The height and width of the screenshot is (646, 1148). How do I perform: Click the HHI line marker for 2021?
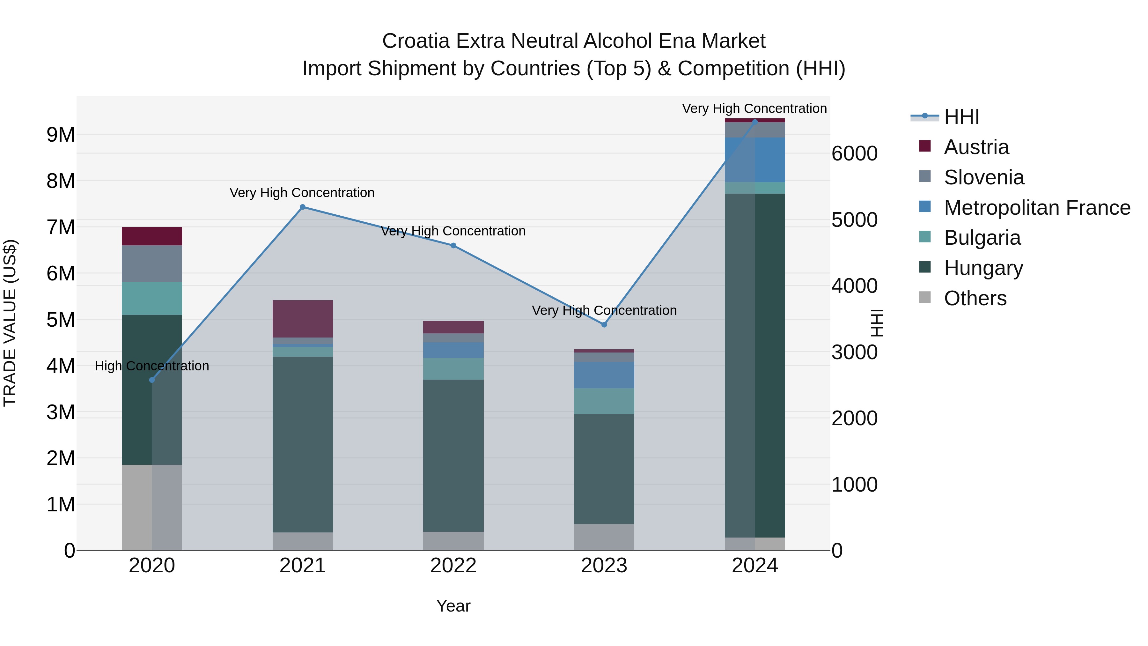click(303, 207)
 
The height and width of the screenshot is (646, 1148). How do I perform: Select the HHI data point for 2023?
click(604, 324)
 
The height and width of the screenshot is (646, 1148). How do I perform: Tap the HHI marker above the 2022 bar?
click(453, 246)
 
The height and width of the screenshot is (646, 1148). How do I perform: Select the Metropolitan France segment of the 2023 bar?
click(604, 375)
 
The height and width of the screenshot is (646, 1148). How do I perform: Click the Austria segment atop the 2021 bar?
click(303, 319)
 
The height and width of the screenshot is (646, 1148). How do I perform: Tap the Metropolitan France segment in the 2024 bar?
click(754, 160)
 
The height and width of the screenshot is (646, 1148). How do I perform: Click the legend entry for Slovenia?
click(983, 177)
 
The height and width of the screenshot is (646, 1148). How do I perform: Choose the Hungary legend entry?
click(983, 268)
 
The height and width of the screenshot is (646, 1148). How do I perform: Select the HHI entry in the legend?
click(961, 117)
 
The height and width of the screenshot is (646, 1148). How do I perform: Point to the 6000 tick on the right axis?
click(854, 153)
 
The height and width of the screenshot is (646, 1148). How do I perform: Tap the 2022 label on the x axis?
click(453, 566)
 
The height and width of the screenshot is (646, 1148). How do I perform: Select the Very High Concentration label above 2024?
click(754, 108)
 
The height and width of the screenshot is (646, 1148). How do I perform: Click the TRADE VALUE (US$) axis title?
click(10, 323)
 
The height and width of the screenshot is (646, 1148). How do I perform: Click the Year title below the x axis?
click(453, 606)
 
